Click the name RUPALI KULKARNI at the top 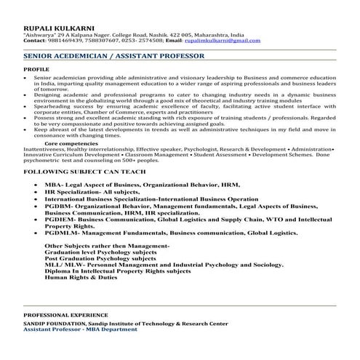coord(55,27)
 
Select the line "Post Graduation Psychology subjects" coord(100,258)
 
